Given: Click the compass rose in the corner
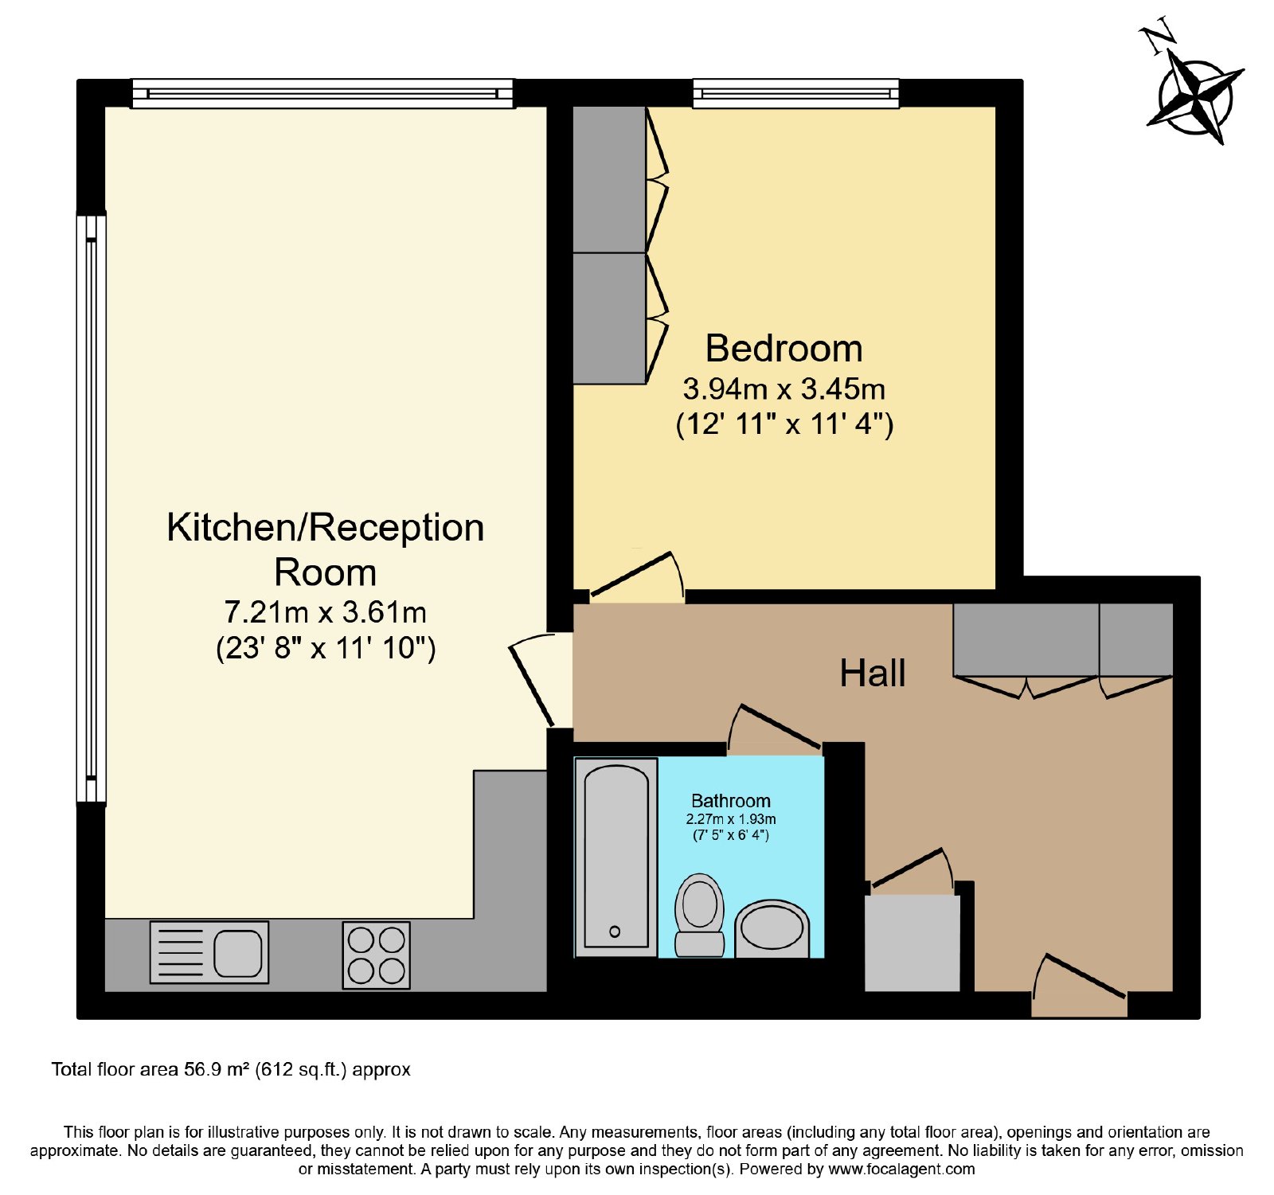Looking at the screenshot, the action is click(x=1194, y=99).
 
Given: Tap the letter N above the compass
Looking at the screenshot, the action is click(x=1158, y=37).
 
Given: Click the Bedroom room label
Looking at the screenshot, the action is click(x=784, y=349).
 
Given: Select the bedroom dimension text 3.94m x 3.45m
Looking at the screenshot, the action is click(x=784, y=389).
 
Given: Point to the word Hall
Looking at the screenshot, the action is click(x=873, y=673).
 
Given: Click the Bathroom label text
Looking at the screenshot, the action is click(x=731, y=801).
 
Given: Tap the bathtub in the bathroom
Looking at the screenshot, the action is click(x=616, y=857).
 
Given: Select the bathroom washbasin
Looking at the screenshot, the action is click(x=772, y=928).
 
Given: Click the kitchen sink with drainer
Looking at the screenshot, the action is click(x=209, y=952).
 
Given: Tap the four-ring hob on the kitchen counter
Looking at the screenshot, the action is click(x=377, y=955).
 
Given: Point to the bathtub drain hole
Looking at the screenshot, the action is click(x=614, y=932).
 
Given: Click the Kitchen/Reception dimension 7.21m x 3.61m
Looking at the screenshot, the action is click(x=325, y=612).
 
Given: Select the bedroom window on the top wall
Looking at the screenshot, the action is click(x=796, y=93).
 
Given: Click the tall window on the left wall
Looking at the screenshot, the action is click(x=92, y=509).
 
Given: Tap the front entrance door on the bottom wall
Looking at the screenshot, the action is click(x=1079, y=986).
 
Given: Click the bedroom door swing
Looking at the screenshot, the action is click(x=636, y=576).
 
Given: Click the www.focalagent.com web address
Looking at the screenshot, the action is click(x=901, y=1170).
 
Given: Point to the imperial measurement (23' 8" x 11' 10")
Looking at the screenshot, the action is click(x=326, y=648).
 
